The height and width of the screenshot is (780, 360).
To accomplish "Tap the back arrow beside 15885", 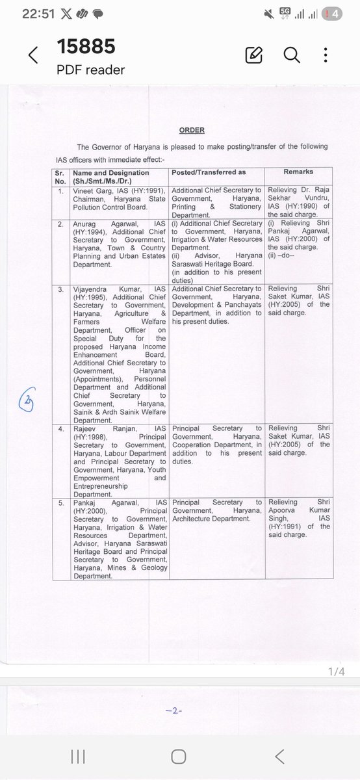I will [x=33, y=56].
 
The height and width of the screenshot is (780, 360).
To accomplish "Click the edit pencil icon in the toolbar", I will [x=254, y=55].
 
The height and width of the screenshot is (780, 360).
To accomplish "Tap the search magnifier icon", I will [x=292, y=55].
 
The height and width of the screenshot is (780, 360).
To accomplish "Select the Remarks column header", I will [x=298, y=172].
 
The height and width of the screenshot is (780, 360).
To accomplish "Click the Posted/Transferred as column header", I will [x=209, y=172].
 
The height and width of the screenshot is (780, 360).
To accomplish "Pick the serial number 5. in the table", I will [x=60, y=502].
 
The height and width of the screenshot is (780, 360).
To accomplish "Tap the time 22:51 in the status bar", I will [x=21, y=13].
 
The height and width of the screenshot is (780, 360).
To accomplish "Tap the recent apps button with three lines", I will [x=78, y=756].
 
